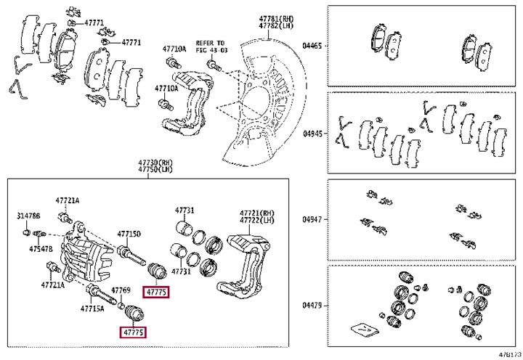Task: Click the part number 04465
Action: (312, 45)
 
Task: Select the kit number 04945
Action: (312, 134)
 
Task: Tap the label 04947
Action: (312, 218)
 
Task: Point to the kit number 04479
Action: (312, 305)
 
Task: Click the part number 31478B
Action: (28, 216)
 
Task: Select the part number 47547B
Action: (41, 248)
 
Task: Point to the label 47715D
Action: (129, 234)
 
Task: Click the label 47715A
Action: (92, 308)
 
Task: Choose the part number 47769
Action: (121, 290)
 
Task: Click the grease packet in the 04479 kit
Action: (363, 329)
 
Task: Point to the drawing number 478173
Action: (508, 354)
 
